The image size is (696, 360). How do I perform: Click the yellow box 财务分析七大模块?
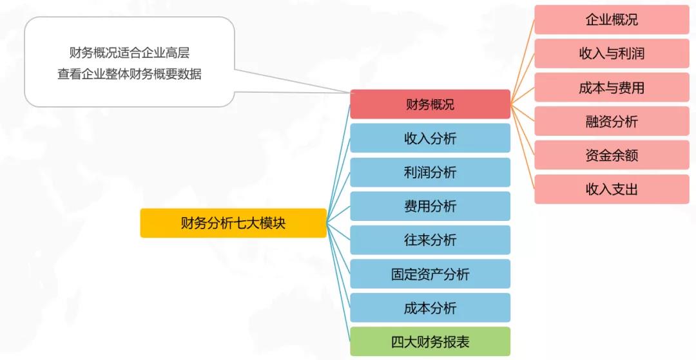233,223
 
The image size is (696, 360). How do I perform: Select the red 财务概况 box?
430,104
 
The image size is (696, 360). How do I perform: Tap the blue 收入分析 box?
430,138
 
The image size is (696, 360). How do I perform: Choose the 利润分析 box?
430,172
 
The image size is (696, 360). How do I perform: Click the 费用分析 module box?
430,205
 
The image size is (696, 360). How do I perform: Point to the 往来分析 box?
430,240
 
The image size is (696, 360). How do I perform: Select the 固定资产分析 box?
430,274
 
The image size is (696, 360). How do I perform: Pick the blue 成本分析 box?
430,308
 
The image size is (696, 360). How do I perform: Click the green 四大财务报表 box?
430,341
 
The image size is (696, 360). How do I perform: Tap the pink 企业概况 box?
612,19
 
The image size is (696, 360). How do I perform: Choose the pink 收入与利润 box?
612,53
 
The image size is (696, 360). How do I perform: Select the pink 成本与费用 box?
612,88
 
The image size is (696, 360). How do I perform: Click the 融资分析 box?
612,121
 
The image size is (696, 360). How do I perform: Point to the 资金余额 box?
612,155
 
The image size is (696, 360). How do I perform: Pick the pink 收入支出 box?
612,189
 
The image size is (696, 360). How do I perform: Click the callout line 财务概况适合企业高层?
129,53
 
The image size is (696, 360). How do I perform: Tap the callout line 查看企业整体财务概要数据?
129,74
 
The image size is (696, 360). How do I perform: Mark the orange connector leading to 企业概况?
523,62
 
